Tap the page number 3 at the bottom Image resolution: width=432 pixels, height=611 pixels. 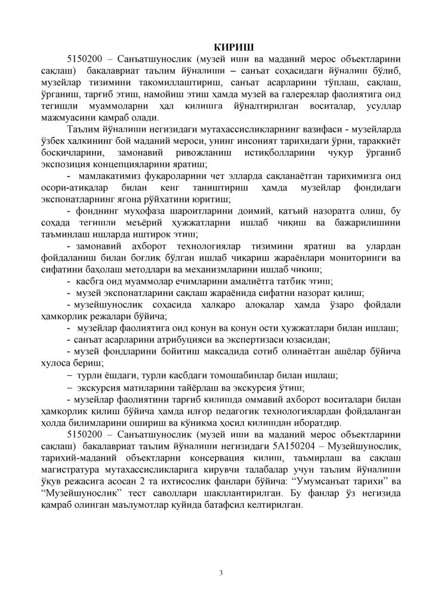point(221,574)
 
